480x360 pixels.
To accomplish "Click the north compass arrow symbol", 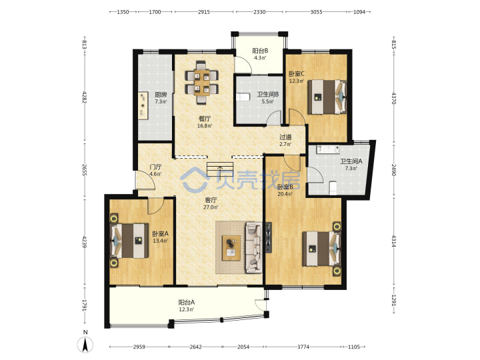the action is (85, 344).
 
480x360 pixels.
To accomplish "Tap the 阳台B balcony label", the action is (260, 51).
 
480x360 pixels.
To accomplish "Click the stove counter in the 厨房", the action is (143, 105).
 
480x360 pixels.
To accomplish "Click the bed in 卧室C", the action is (327, 97).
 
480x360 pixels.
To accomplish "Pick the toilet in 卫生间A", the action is (333, 188).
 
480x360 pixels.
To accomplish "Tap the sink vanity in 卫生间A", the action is (328, 149).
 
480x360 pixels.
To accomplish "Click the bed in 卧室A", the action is (129, 241).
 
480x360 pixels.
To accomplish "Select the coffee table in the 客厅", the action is (231, 248).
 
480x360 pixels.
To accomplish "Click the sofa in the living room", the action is (253, 247).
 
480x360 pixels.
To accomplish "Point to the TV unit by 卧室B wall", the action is (269, 237).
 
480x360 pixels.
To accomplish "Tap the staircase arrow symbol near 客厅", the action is (220, 169).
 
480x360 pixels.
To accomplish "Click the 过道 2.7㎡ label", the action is (285, 141).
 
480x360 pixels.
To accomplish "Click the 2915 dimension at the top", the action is (204, 12).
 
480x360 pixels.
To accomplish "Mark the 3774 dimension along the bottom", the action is (303, 347).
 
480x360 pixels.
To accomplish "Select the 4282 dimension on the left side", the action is (85, 96).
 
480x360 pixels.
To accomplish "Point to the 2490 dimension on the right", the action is (394, 170).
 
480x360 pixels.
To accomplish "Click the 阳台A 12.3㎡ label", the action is (187, 306).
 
